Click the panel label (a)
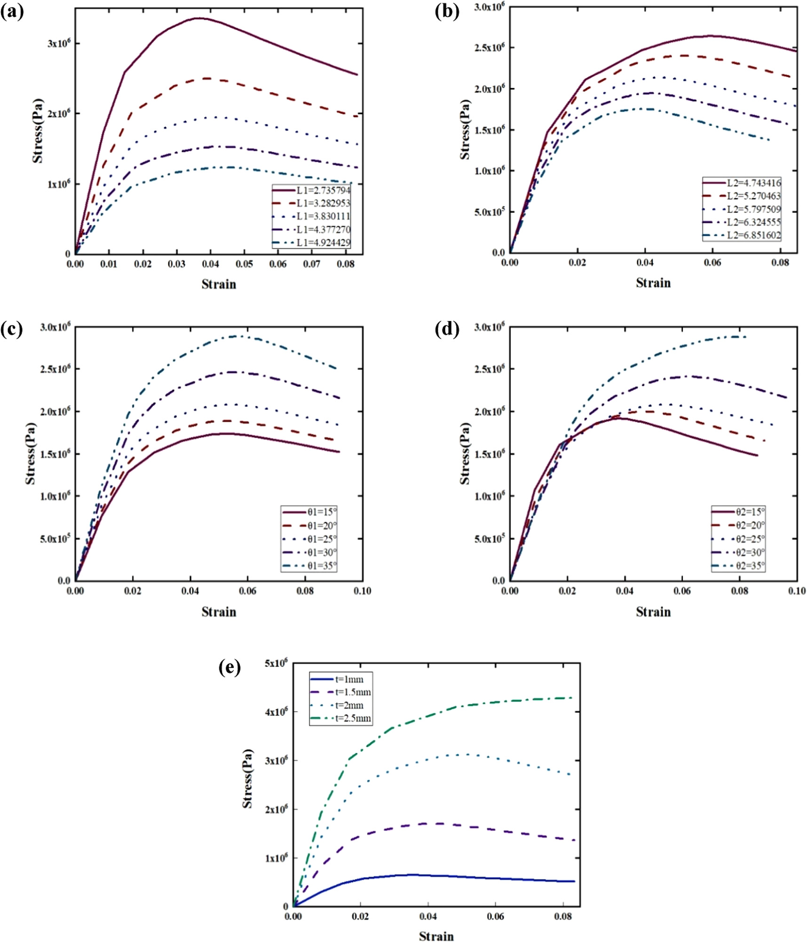[x=12, y=12]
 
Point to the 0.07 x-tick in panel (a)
[x=311, y=264]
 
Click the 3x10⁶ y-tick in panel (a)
[x=58, y=43]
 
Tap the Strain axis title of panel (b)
[x=653, y=283]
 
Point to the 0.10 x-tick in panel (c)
[x=362, y=591]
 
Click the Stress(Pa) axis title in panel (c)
[x=31, y=454]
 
